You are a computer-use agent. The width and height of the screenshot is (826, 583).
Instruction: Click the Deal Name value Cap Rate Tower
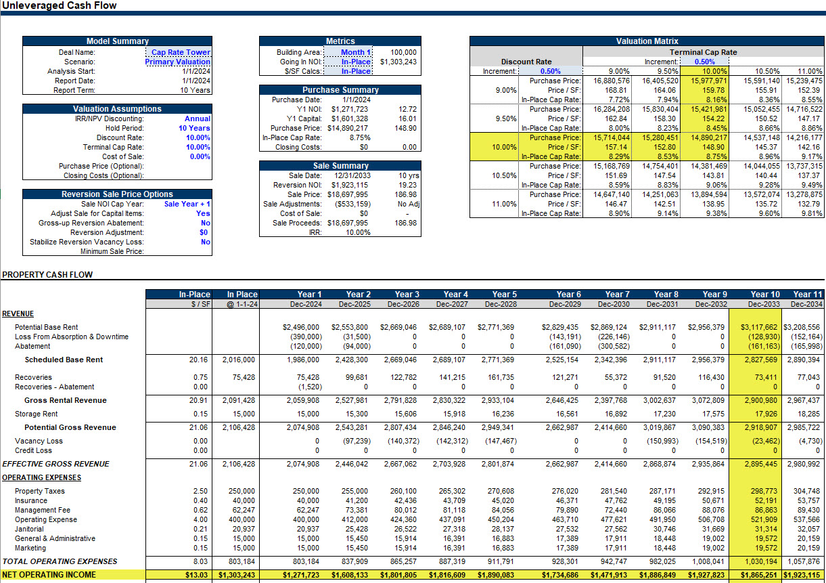point(181,52)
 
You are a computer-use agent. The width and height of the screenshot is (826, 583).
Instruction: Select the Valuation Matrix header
point(647,41)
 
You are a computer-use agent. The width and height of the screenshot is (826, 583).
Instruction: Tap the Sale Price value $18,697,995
point(347,194)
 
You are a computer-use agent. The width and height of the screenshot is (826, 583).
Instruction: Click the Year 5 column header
point(504,295)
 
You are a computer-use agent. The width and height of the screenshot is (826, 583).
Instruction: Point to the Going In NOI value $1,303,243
point(398,62)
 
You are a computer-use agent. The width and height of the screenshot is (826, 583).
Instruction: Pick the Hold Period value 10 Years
point(194,128)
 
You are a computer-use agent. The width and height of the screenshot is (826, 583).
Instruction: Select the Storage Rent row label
point(36,414)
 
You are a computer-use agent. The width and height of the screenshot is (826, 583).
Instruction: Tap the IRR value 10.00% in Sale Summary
point(358,232)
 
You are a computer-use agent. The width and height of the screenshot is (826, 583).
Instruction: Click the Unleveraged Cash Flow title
point(60,5)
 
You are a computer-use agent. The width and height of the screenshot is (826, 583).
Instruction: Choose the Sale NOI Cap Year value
point(187,204)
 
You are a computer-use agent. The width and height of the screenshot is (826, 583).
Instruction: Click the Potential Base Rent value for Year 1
point(301,327)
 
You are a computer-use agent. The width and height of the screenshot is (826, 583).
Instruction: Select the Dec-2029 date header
point(565,304)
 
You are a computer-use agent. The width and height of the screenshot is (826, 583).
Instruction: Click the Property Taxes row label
point(39,491)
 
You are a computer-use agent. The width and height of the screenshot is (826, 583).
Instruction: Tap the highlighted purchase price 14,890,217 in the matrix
point(708,137)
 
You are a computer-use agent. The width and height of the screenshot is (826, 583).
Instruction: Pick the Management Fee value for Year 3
point(404,510)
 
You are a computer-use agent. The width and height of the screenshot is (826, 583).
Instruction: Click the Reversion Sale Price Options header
point(117,194)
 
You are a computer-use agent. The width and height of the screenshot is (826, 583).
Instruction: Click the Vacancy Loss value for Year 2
point(357,441)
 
